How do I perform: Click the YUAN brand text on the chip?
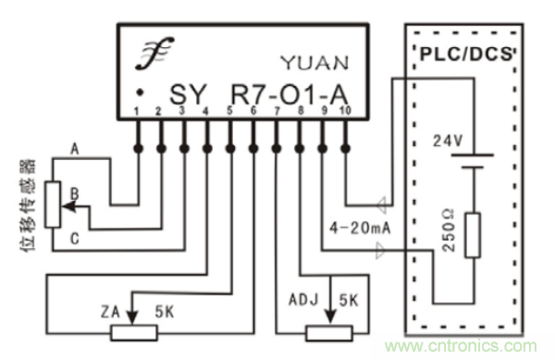tap(314, 63)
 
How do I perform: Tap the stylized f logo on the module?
tap(154, 53)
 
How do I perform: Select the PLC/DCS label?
tap(466, 55)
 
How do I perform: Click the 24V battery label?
tap(448, 141)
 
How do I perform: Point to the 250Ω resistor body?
tap(473, 235)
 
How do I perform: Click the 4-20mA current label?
tap(360, 228)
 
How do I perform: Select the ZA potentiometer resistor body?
tap(134, 333)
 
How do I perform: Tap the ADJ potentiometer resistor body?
tap(329, 333)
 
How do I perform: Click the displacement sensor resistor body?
tap(53, 205)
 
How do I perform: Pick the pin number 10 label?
tap(345, 110)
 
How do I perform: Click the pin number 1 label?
tap(137, 111)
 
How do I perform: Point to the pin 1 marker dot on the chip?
tap(141, 93)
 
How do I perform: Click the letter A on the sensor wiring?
tap(74, 149)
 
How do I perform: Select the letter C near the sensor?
tap(74, 239)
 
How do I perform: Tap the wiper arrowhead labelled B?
tap(68, 206)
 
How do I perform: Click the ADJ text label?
tap(303, 300)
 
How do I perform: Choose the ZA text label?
tap(110, 312)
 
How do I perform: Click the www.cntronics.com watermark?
tap(462, 346)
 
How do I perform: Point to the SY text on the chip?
tap(188, 94)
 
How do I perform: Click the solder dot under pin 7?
tap(277, 148)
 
